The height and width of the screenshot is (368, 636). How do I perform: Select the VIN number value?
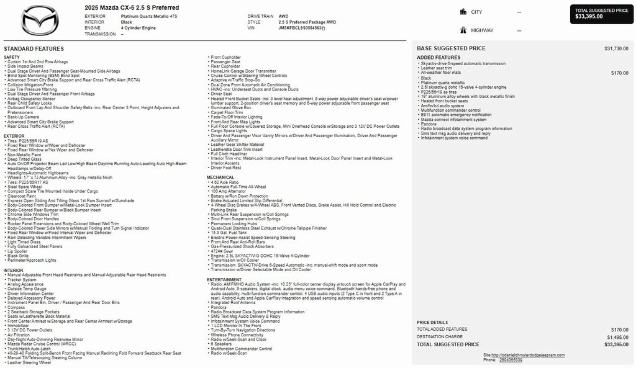[x=301, y=28]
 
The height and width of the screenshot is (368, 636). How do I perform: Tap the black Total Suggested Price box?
[x=601, y=14]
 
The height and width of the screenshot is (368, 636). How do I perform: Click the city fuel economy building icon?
[x=463, y=12]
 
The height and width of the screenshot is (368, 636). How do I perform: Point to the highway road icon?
[x=463, y=30]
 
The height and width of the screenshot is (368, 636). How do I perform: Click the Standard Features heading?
[x=34, y=48]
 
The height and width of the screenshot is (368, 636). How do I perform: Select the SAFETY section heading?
[x=12, y=57]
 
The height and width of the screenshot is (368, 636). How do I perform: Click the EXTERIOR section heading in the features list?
[x=14, y=136]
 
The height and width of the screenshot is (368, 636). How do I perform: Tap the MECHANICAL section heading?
[x=220, y=177]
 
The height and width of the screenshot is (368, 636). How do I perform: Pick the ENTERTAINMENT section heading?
[x=225, y=280]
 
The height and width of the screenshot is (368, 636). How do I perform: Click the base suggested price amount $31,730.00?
[x=616, y=48]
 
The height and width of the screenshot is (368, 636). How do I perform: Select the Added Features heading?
[x=438, y=58]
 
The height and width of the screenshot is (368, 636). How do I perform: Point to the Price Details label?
[x=432, y=323]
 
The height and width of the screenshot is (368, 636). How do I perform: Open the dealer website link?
[x=527, y=355]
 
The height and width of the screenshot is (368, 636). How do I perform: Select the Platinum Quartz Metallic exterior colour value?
[x=149, y=16]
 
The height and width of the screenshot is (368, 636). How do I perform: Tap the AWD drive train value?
[x=283, y=16]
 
